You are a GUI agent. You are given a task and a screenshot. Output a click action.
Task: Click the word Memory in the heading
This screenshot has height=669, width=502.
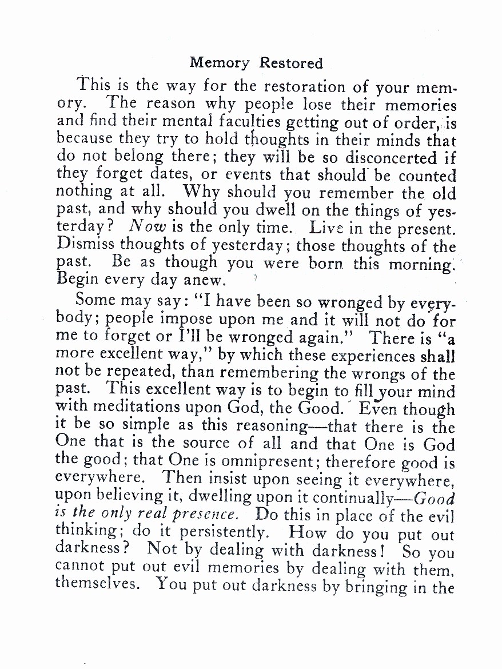[220, 63]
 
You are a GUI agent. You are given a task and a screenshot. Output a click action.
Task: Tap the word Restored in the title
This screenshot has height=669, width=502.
[291, 63]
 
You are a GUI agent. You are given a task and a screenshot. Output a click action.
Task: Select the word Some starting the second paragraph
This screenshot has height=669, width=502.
[94, 300]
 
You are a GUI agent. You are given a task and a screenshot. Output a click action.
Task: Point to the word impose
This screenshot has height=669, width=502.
[197, 317]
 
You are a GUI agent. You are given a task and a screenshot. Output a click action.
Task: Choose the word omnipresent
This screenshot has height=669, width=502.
[258, 461]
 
